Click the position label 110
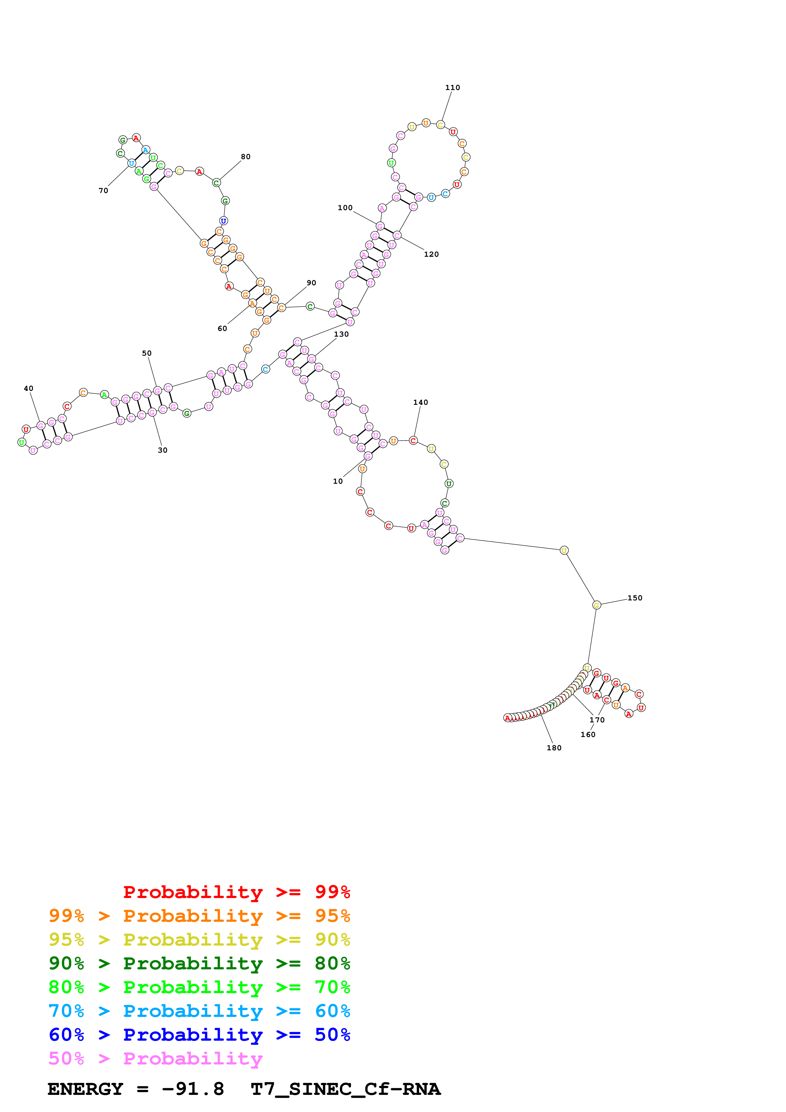tap(452, 88)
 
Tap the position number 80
tap(245, 157)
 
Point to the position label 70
tap(103, 191)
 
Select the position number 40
tap(29, 388)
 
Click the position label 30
tap(163, 450)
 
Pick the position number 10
tap(338, 482)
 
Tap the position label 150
tap(635, 598)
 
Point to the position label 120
tap(431, 255)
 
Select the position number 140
tap(420, 403)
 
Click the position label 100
tap(345, 208)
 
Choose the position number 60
tap(222, 329)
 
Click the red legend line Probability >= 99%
tap(236, 892)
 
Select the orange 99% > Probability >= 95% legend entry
tap(199, 916)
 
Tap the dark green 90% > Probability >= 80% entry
tap(199, 963)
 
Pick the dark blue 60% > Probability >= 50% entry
tap(199, 1035)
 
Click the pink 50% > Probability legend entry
tap(155, 1058)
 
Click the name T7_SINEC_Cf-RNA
tap(345, 1089)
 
